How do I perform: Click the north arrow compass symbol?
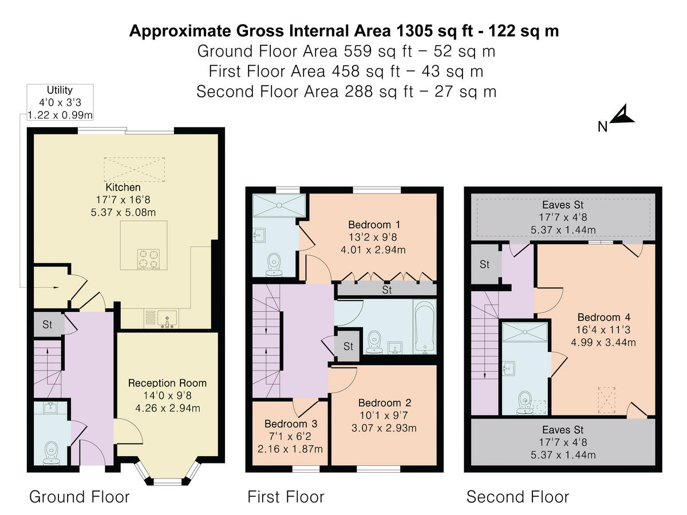[621, 117]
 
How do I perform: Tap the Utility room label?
[60, 90]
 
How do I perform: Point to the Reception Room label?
[167, 383]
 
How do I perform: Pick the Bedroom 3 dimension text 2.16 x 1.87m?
[290, 448]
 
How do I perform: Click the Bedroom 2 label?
[384, 403]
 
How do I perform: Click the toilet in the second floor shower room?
[523, 402]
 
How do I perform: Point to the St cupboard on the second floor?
[485, 264]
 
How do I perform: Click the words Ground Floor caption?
[80, 496]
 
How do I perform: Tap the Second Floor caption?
[518, 496]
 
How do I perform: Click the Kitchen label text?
[123, 187]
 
